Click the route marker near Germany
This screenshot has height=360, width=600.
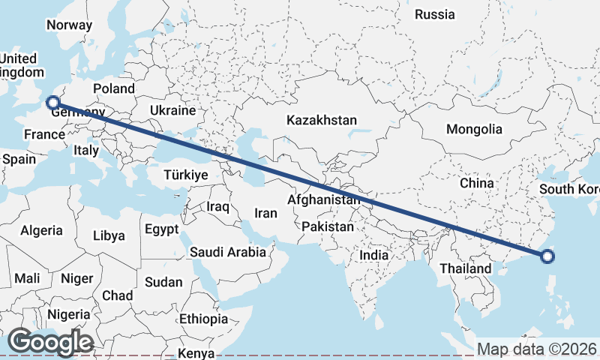point(52,103)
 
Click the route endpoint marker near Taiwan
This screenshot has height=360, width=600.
point(547,256)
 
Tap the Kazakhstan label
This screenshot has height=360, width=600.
point(321,120)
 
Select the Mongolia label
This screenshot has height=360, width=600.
point(474,129)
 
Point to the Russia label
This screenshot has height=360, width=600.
point(434,14)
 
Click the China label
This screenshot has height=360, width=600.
point(477,182)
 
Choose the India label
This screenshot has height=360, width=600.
point(374,255)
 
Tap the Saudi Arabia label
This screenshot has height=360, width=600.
point(228,252)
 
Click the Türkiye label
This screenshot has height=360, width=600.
point(185,175)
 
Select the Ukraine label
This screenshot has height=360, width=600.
point(172,110)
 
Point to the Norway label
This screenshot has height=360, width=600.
point(69,25)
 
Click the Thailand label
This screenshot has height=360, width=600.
point(465,268)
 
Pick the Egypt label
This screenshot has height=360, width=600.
point(161,229)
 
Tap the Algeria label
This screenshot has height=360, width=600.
point(41,231)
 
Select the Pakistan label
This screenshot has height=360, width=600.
point(328,226)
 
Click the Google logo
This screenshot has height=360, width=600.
point(50,342)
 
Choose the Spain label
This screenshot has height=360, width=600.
point(19,159)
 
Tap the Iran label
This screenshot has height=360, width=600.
point(265,213)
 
